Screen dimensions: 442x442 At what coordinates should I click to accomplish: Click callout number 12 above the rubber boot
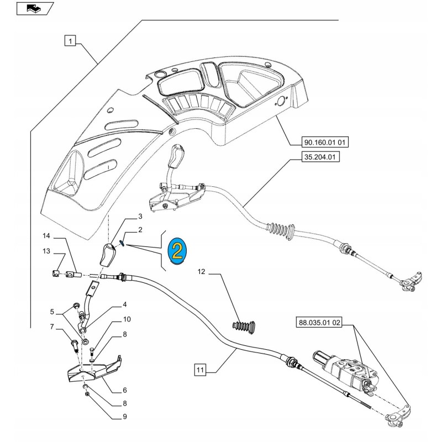pyautogui.click(x=202, y=272)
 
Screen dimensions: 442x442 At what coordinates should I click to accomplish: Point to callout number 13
pyautogui.click(x=46, y=252)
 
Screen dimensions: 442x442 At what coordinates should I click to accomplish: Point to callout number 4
pyautogui.click(x=125, y=304)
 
